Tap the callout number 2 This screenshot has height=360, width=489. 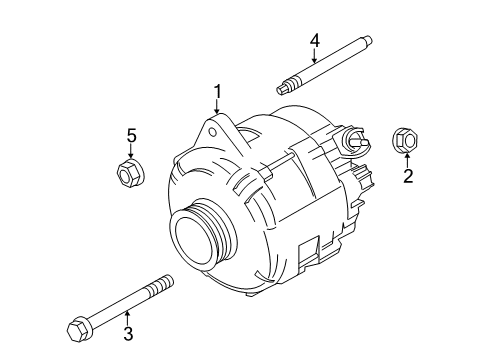click(x=407, y=178)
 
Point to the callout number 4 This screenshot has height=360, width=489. click(x=314, y=40)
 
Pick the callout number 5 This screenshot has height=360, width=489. click(x=128, y=135)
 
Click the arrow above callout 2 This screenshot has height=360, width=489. click(x=407, y=160)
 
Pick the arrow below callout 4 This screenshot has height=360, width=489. click(x=314, y=58)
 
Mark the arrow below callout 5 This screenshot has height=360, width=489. click(x=128, y=153)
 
